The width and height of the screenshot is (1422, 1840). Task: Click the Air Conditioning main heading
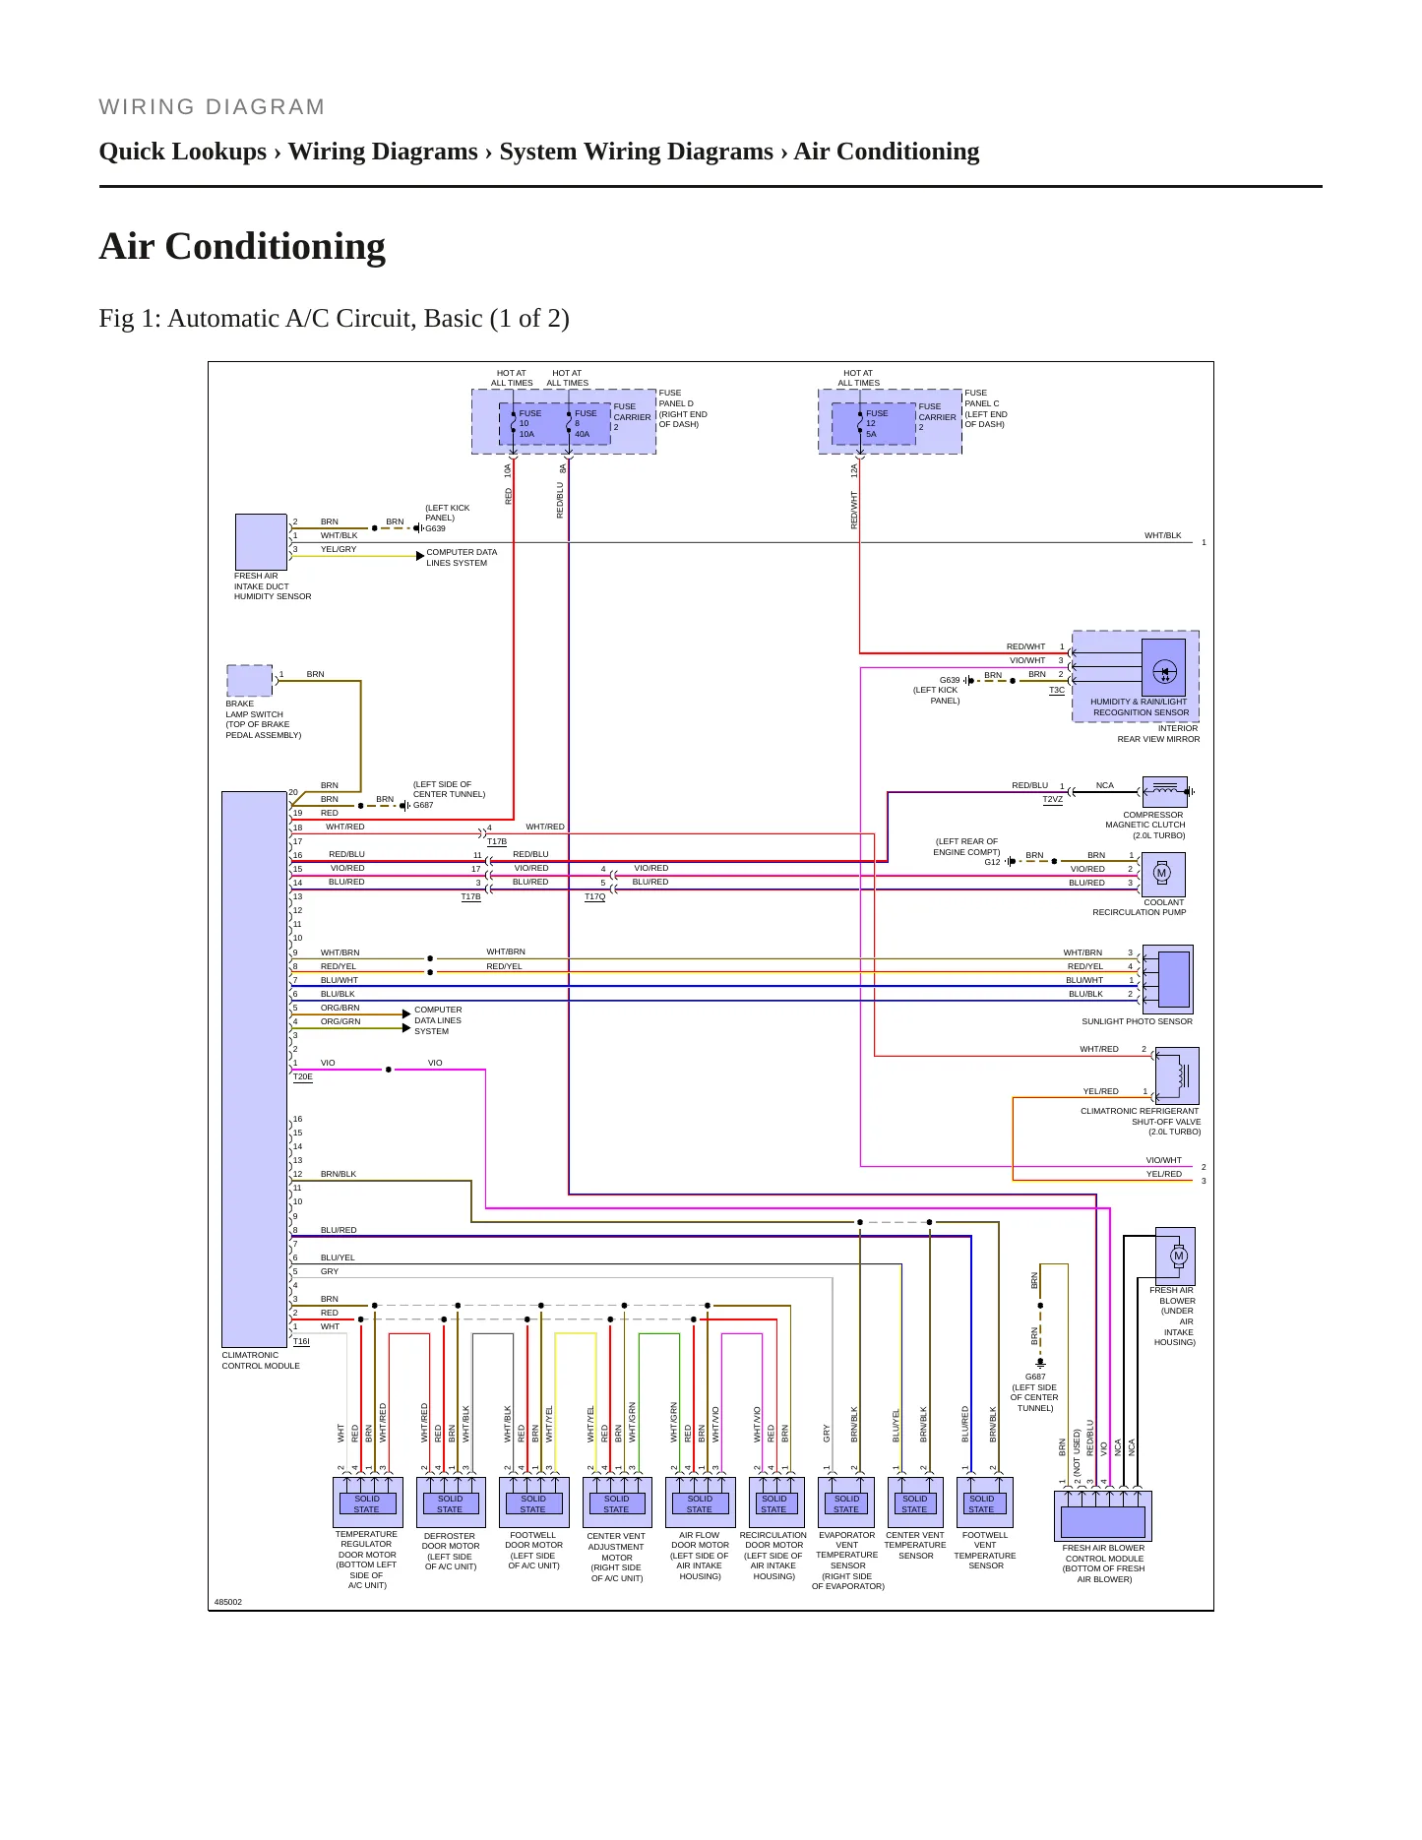242,246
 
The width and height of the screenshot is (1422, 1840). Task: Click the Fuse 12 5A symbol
860,423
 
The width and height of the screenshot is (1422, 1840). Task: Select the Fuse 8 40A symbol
569,423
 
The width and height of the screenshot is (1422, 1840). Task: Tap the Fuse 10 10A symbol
513,423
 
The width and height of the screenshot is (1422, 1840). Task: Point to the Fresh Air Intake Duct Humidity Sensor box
261,541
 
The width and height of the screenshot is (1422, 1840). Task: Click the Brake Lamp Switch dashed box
250,681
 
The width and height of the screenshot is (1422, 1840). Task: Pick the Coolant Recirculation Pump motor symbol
1162,874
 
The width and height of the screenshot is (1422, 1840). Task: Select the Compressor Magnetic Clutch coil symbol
1164,791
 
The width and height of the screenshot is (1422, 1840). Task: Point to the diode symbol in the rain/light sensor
1164,672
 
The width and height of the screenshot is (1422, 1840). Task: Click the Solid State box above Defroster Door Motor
451,1503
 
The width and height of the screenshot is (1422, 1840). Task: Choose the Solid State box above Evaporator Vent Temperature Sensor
846,1503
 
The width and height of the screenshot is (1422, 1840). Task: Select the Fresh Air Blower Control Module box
1103,1516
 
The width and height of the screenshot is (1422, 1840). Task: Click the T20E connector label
303,1077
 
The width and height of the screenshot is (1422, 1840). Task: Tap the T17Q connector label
595,896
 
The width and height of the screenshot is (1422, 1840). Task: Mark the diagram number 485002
228,1602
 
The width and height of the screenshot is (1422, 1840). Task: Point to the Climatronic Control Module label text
261,1361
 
